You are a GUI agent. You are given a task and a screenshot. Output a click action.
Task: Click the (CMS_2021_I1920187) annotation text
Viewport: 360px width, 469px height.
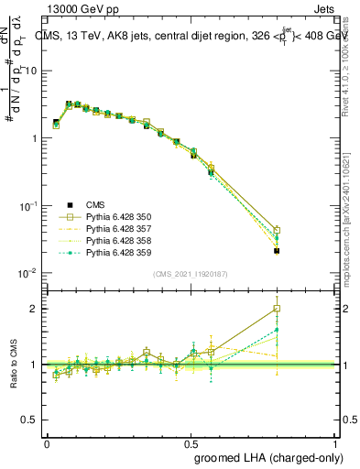click(x=190, y=274)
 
